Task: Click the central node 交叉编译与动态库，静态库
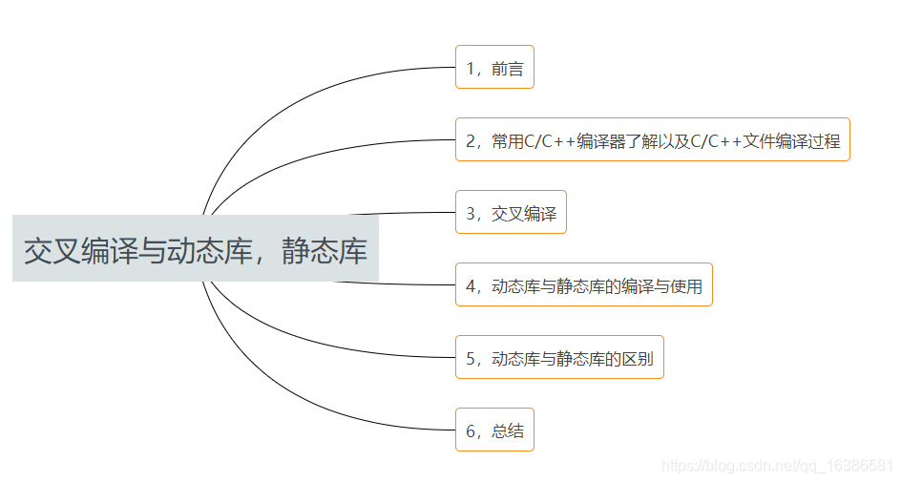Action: coord(196,250)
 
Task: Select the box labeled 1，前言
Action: coord(494,67)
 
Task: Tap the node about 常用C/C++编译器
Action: coord(652,140)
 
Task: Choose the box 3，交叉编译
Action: coord(511,213)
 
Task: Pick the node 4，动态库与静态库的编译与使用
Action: coord(584,284)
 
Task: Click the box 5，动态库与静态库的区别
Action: coord(559,358)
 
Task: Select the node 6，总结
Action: coord(494,430)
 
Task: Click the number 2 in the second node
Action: coord(471,141)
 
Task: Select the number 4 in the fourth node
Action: coord(471,285)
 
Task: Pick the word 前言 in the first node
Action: coord(508,68)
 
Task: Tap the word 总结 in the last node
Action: coord(508,430)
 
